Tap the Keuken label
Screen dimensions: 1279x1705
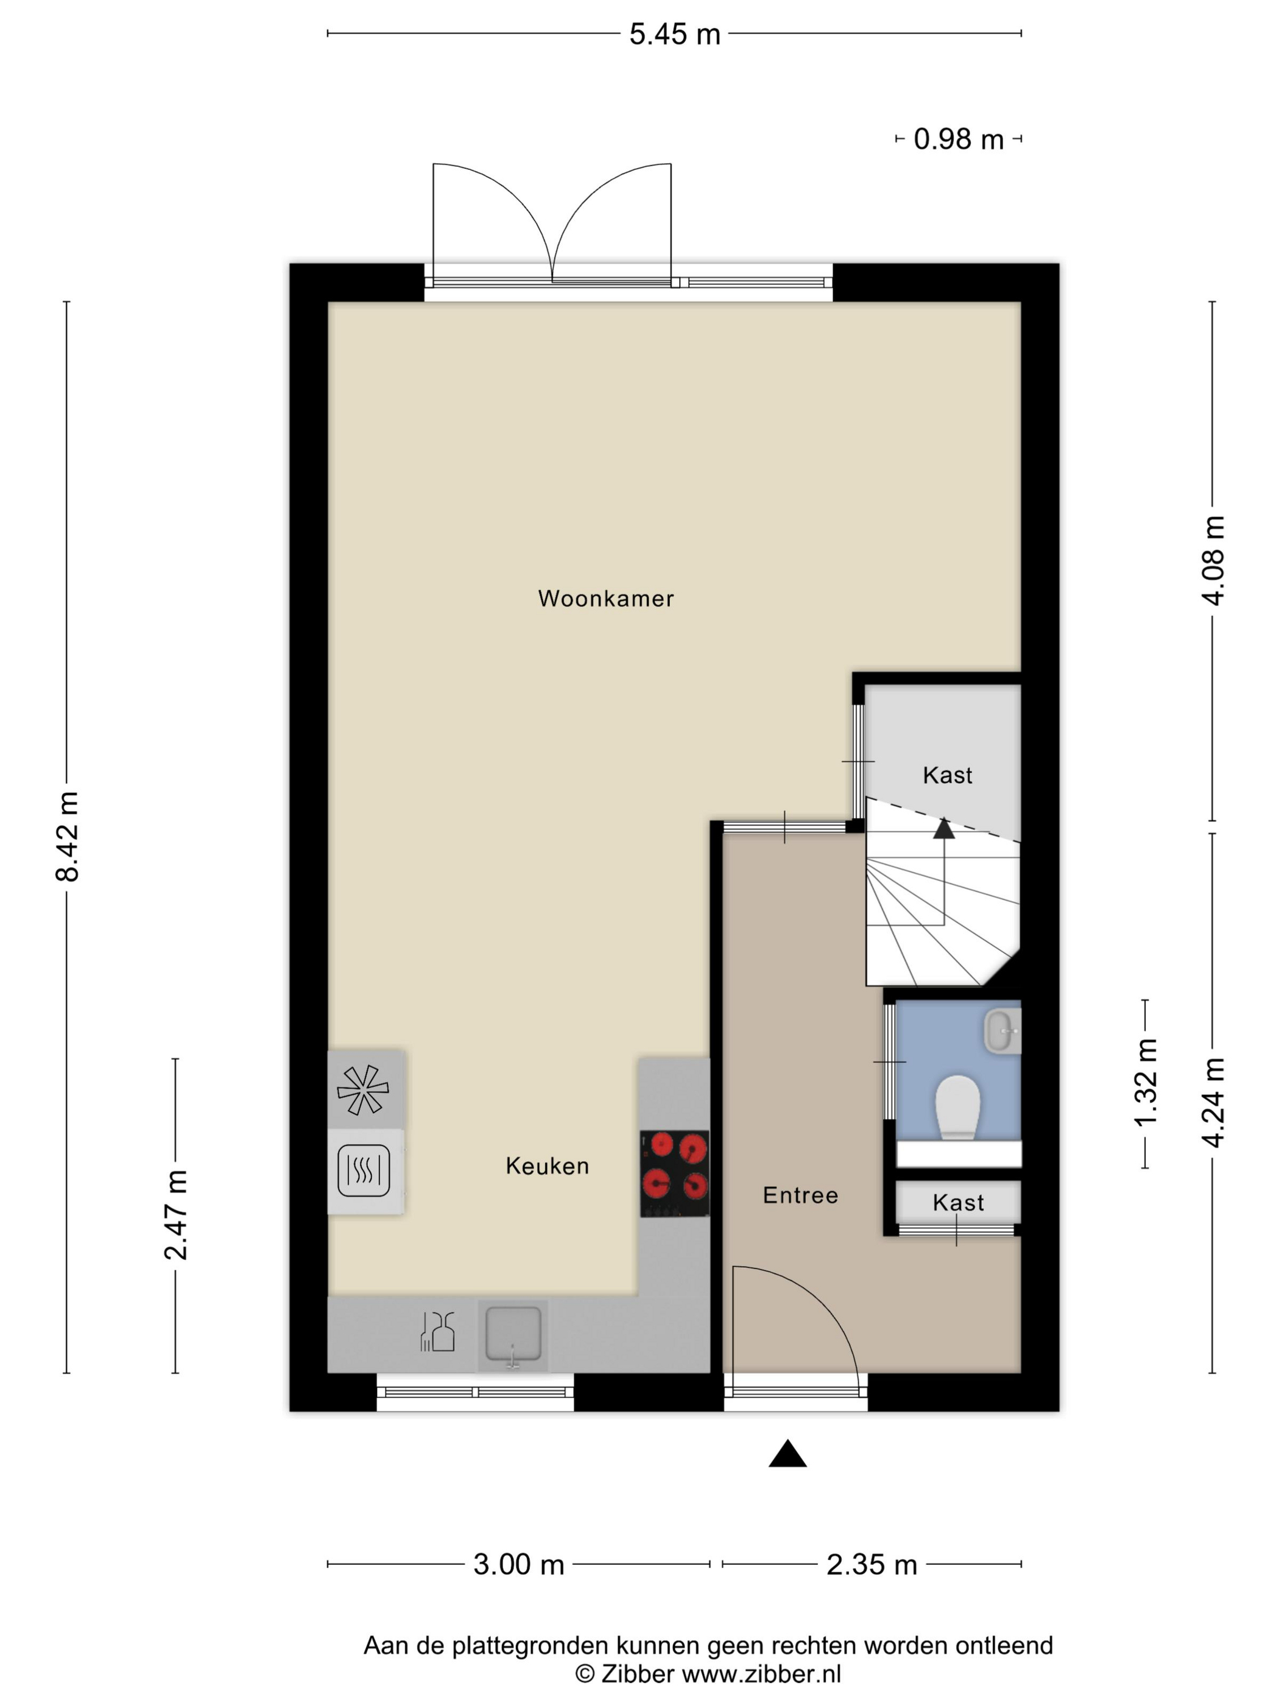[548, 1165]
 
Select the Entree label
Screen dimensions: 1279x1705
[800, 1195]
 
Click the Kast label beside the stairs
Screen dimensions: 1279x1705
[948, 775]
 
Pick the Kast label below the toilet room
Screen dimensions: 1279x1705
[958, 1203]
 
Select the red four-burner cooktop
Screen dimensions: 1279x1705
[675, 1174]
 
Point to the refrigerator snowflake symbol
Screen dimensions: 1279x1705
[363, 1090]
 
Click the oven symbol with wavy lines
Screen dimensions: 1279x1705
[364, 1171]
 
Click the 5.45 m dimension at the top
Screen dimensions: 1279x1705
[675, 34]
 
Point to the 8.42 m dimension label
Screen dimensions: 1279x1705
[68, 836]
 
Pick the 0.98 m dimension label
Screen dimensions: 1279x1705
[958, 139]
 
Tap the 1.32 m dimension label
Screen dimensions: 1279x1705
[1146, 1083]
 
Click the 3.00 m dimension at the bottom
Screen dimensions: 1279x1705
[519, 1565]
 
